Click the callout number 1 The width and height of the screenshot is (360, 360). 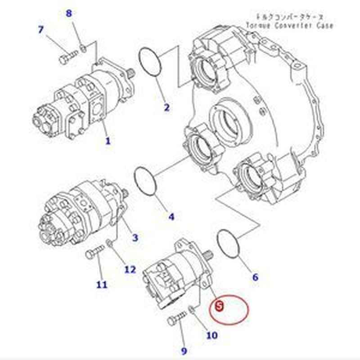tap(108, 141)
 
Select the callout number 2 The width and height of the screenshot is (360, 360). tap(166, 107)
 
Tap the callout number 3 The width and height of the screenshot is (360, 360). tap(135, 237)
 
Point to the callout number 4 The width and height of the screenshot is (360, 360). tap(171, 217)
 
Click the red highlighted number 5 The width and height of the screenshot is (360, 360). tap(219, 306)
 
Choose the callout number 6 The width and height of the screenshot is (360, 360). tap(255, 277)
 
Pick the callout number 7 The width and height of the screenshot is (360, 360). tap(41, 30)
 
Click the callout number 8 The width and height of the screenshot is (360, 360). tap(69, 13)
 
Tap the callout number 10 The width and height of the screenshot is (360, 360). tap(211, 335)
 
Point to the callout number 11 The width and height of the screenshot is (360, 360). tap(102, 284)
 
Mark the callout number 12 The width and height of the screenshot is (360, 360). tap(130, 270)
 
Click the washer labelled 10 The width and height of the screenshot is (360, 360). tap(192, 309)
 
